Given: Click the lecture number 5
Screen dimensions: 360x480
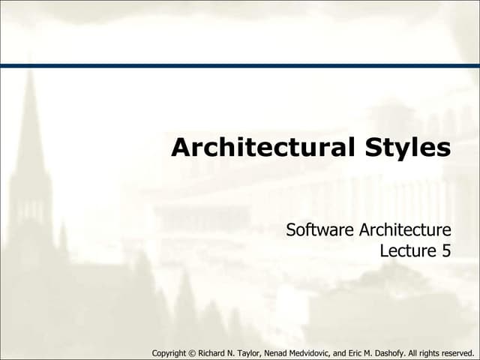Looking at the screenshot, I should click(x=446, y=250).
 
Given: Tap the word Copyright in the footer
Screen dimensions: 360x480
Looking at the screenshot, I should click(x=170, y=352).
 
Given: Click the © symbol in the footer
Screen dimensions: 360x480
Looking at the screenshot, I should click(x=196, y=352).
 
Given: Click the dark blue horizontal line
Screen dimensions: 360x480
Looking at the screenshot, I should click(x=240, y=66).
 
